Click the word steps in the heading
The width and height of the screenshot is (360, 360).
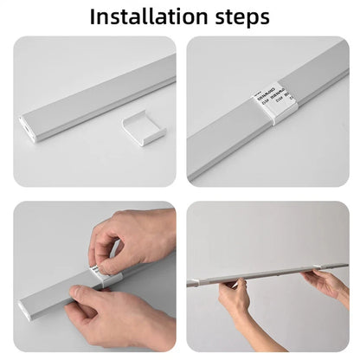pyautogui.click(x=235, y=17)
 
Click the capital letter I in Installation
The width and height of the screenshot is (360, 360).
pyautogui.click(x=94, y=16)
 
